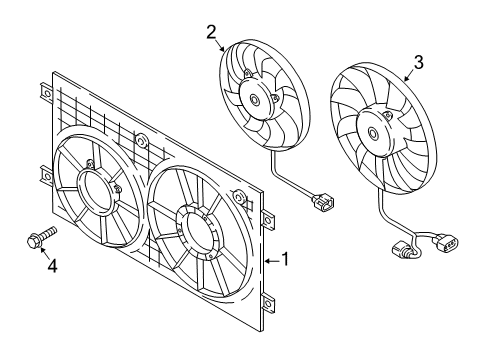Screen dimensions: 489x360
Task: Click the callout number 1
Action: [284, 259]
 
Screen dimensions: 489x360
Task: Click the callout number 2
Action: [211, 32]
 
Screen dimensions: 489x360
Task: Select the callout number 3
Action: [418, 62]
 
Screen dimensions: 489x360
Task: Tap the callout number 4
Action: [52, 266]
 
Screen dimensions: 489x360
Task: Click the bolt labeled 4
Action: [41, 237]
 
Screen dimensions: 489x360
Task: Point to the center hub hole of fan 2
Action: [255, 99]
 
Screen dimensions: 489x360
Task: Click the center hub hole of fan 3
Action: [373, 133]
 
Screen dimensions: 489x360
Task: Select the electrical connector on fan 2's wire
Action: [323, 203]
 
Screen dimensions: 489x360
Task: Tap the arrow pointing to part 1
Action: [272, 260]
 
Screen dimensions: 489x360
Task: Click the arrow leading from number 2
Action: [220, 45]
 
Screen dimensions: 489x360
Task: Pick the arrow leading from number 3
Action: [409, 76]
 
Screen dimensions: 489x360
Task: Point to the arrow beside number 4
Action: [45, 253]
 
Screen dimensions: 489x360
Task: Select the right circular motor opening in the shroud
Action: [199, 233]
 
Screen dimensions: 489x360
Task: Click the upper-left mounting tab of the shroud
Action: [46, 92]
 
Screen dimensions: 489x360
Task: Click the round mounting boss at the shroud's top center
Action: [141, 140]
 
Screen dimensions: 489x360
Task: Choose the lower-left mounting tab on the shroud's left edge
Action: [46, 175]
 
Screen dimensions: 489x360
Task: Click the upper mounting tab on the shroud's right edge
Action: [268, 219]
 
